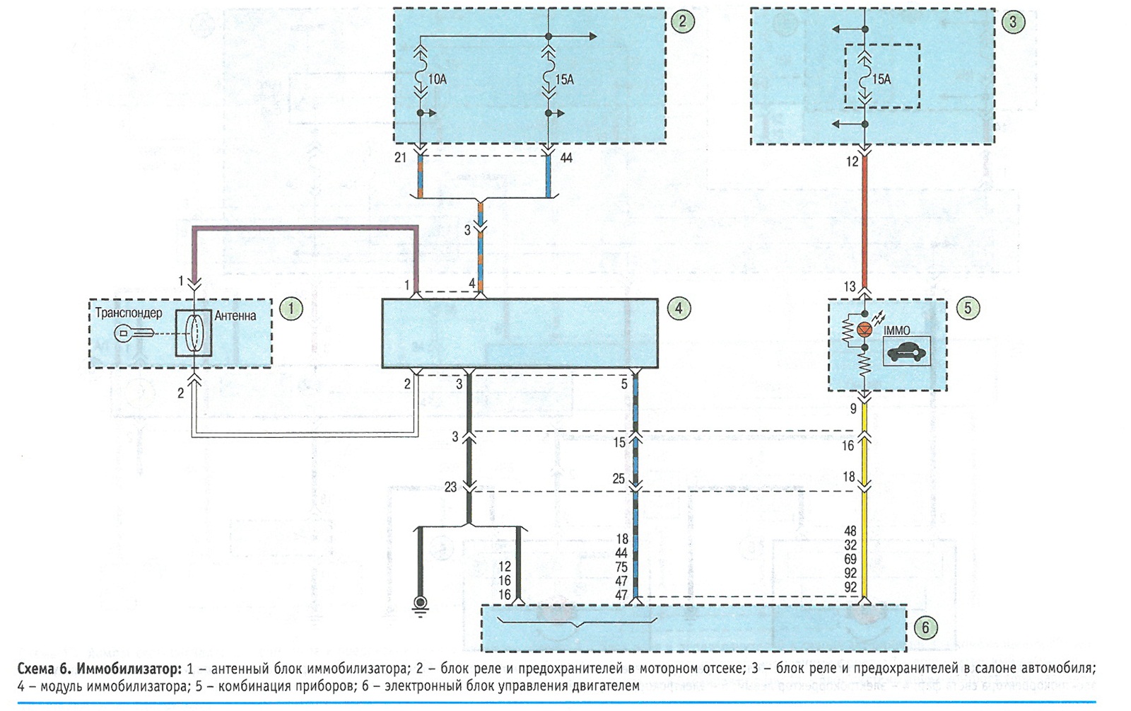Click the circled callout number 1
point(291,308)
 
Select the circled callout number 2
point(683,21)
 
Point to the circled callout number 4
point(678,308)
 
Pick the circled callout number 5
point(968,308)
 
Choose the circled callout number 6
point(925,628)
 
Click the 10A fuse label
point(438,80)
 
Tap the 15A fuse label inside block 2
point(565,80)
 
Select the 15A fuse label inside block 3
point(881,79)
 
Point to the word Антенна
point(235,316)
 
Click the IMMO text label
point(897,330)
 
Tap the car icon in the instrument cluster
point(906,352)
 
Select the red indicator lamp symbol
point(865,330)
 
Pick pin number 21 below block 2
point(400,158)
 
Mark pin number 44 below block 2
point(566,158)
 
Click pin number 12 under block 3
point(852,162)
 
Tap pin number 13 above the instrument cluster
point(850,287)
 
